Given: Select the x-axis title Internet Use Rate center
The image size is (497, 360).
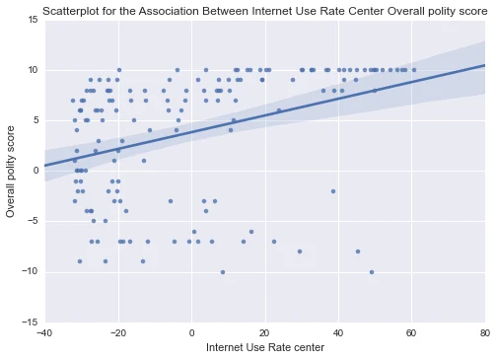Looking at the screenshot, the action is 265,347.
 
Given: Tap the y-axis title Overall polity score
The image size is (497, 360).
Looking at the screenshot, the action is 11,172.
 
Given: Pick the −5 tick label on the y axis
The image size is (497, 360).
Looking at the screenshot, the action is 31,221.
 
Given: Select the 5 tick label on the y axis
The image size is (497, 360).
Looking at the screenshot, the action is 35,120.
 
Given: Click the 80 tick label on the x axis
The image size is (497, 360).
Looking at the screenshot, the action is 484,333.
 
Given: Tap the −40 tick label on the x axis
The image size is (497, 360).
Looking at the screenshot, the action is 44,333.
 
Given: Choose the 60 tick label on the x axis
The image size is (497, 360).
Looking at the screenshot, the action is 411,333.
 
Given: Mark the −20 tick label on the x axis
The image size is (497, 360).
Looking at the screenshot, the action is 117,333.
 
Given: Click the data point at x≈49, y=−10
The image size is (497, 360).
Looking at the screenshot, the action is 372,272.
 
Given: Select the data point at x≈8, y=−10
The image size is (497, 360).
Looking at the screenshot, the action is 223,272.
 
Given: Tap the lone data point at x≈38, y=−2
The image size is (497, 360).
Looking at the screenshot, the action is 333,191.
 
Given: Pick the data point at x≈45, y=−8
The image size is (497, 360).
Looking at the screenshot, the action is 358,252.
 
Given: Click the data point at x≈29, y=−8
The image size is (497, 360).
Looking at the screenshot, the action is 300,252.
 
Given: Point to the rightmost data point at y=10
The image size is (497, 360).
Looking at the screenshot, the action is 414,70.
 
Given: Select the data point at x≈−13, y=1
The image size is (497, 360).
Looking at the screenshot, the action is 144,161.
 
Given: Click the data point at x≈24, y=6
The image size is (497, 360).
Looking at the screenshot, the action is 279,110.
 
